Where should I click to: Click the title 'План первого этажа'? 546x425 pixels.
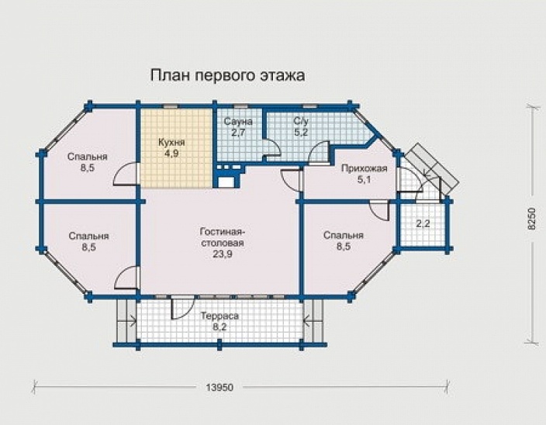click(x=226, y=75)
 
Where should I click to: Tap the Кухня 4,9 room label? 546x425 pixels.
click(x=170, y=147)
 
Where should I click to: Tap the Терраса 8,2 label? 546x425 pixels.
click(x=219, y=322)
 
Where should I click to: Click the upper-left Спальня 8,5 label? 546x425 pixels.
click(x=87, y=161)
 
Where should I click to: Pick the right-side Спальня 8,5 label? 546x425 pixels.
click(x=344, y=242)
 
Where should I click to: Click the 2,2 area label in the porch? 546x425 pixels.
click(x=423, y=225)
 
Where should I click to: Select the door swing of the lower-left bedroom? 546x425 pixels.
click(x=127, y=278)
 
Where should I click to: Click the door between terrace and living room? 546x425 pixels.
click(x=182, y=307)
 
